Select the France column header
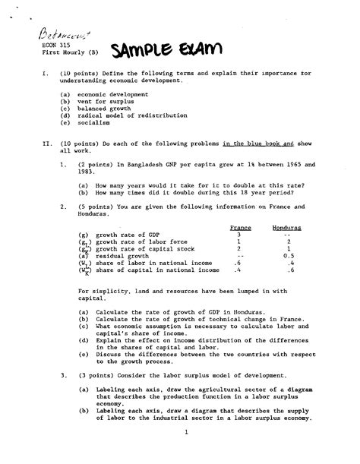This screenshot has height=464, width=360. tap(240, 228)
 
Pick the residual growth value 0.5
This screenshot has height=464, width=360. tap(287, 256)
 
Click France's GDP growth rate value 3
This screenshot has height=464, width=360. tap(238, 235)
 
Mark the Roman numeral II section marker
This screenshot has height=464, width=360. tap(27, 142)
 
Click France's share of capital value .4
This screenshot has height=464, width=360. tap(238, 270)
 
